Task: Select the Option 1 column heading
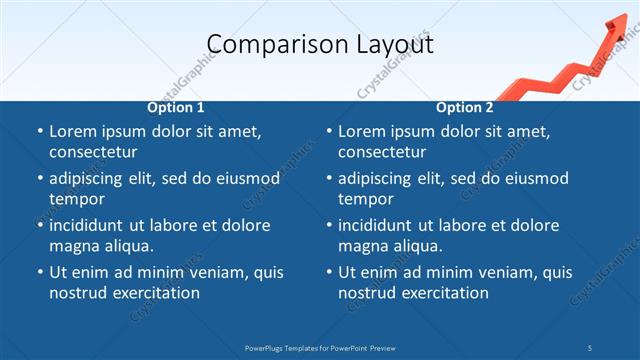click(176, 107)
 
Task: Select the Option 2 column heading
click(465, 107)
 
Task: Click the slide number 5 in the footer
click(590, 347)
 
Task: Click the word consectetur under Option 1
click(93, 152)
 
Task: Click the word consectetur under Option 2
click(382, 152)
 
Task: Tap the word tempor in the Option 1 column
click(77, 199)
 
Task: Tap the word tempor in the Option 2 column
click(366, 199)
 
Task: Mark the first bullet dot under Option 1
click(40, 132)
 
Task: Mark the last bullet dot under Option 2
click(329, 273)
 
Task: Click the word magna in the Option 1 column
click(72, 246)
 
